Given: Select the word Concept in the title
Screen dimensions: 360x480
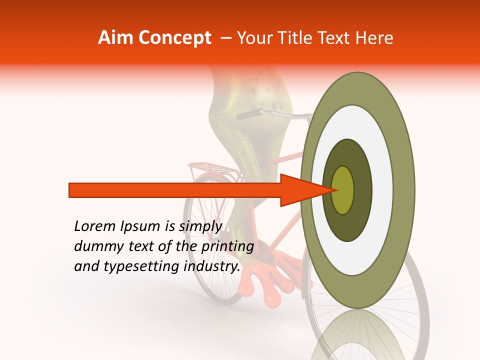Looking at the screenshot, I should pos(174,38).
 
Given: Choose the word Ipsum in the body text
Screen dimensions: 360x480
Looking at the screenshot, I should pos(140,226).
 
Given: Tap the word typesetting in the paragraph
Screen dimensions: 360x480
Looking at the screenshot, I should pos(138,266).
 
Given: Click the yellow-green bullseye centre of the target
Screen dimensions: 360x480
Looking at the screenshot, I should pos(343,190).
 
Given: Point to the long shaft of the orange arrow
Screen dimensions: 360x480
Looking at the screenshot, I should pos(175,190).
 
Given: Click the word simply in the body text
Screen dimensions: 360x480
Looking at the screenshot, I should pos(200,226).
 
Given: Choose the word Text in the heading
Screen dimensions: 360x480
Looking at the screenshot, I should pos(337,38).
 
